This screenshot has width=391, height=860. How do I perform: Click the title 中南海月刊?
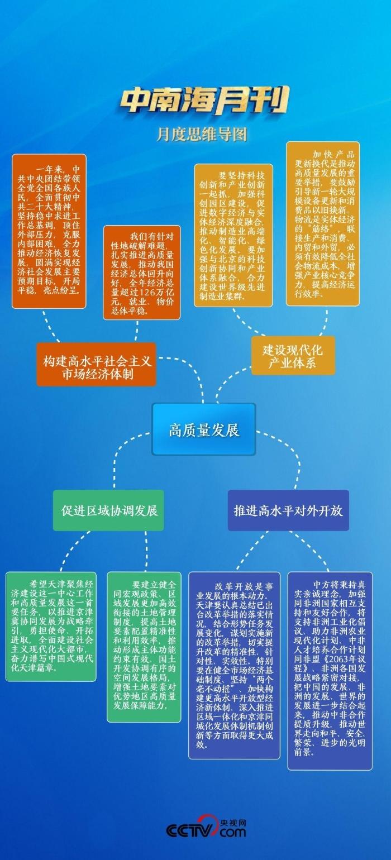[x=204, y=101]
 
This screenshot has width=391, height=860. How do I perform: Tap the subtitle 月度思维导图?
[x=201, y=134]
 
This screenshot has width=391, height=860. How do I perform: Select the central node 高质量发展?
[x=204, y=429]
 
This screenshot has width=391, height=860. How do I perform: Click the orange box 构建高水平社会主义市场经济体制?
[x=97, y=365]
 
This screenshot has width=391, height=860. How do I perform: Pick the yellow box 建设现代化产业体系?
[x=293, y=356]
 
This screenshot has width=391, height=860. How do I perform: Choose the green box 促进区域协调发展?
[x=109, y=510]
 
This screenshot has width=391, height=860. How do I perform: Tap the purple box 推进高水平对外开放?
[x=288, y=510]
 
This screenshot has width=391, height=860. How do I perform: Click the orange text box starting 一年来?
[x=49, y=231]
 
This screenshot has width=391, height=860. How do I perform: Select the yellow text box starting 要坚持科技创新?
[x=233, y=235]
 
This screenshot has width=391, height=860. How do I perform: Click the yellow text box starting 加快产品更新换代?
[x=323, y=223]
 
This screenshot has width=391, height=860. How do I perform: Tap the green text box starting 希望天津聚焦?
[x=51, y=627]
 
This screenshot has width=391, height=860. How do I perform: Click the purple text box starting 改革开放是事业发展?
[x=234, y=665]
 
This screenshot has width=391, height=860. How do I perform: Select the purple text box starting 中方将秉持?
[x=330, y=671]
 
